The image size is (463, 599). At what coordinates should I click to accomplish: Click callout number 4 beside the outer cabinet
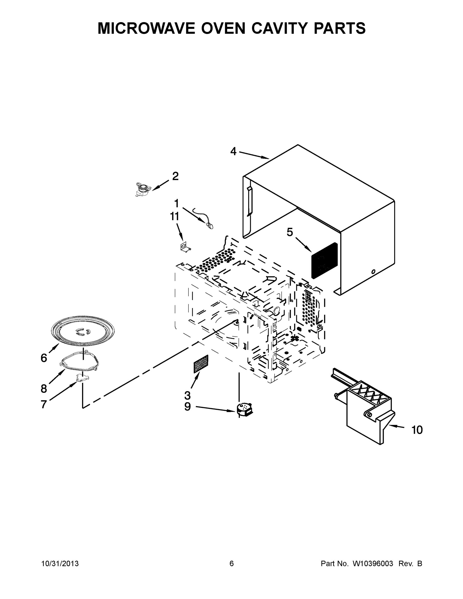pos(233,151)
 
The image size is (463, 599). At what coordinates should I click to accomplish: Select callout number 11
pos(174,216)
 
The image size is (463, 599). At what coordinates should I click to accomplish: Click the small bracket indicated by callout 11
pos(185,247)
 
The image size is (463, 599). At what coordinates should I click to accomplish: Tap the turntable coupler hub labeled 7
pos(82,378)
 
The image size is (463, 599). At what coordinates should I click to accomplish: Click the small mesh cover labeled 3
pos(201,364)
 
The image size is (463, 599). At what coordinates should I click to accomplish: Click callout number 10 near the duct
pos(417,430)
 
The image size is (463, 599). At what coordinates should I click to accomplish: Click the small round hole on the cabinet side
pos(373,272)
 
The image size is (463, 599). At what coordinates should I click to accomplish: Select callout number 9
pos(187,407)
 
